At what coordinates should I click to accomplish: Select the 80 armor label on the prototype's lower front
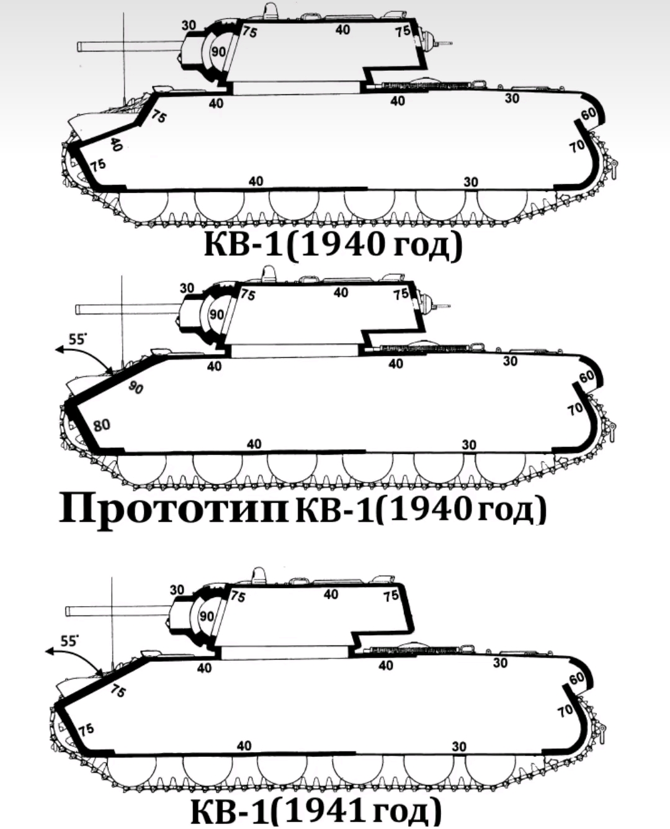(x=102, y=425)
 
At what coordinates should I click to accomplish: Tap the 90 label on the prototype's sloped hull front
(x=136, y=387)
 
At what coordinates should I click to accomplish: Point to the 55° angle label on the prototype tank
(x=77, y=339)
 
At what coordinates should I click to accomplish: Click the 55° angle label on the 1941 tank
(x=69, y=641)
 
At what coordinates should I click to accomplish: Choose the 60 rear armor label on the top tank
(x=589, y=114)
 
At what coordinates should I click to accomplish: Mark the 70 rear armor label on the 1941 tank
(x=565, y=710)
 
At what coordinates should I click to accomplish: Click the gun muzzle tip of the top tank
(x=78, y=47)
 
